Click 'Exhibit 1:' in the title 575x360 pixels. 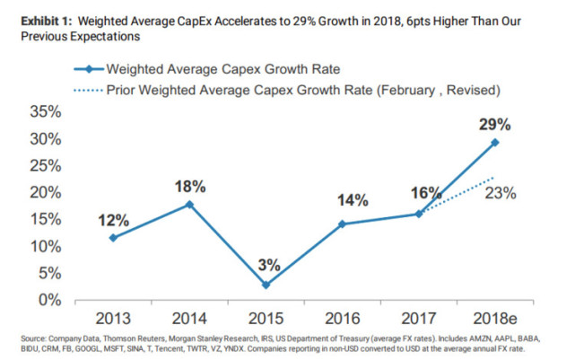38,21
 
